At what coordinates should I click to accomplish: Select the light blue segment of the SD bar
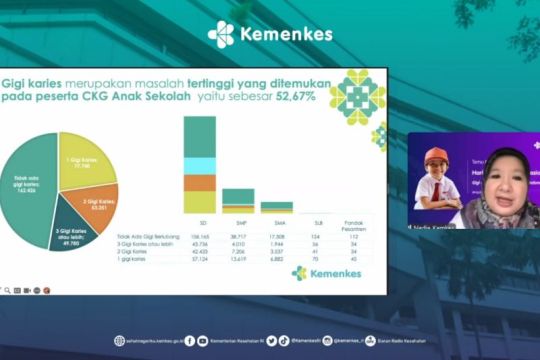point(199,166)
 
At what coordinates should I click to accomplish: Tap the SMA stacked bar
point(277,207)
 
